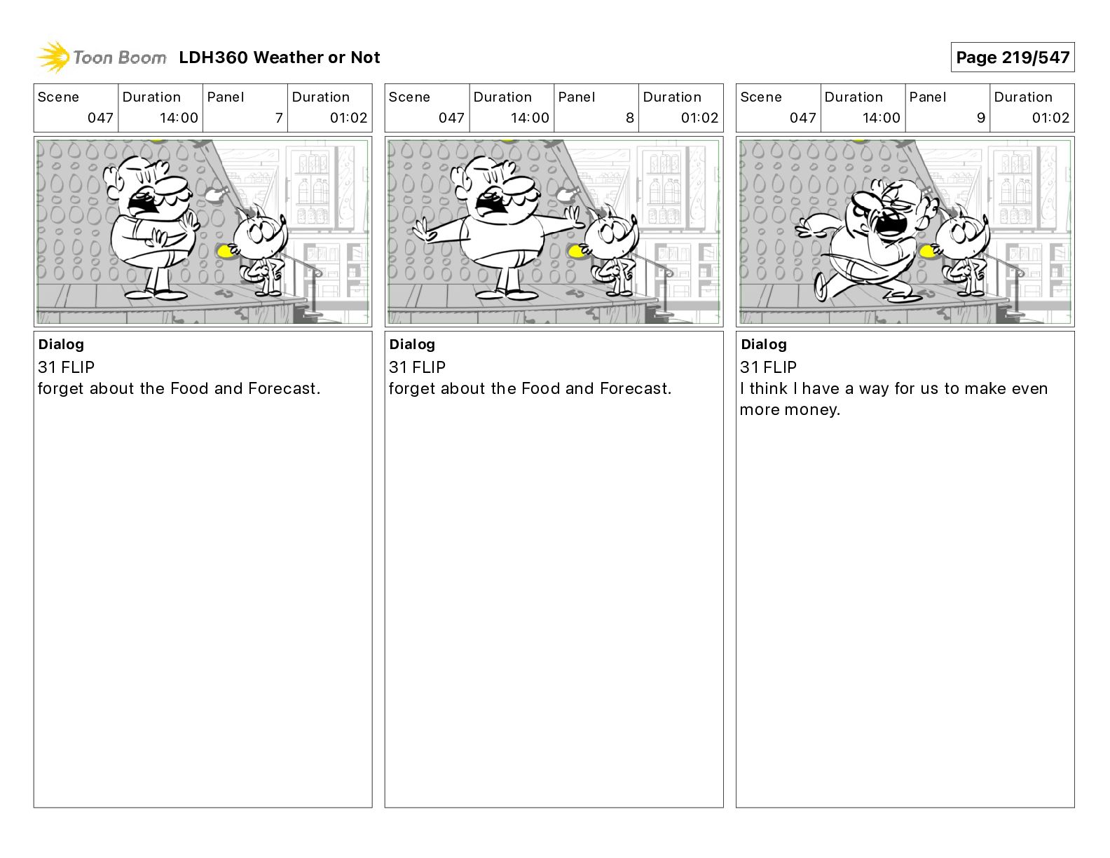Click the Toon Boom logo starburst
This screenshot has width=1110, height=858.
(53, 57)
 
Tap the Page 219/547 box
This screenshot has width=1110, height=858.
(1012, 57)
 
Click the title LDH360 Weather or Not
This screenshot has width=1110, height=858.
(280, 57)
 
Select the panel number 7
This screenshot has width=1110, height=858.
(279, 118)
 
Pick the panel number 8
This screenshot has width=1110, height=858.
(630, 118)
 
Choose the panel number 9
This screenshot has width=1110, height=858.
(981, 118)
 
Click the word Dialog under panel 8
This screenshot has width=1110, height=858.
(412, 344)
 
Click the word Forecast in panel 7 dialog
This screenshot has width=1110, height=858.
(284, 388)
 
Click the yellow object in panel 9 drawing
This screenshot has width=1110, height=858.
(926, 251)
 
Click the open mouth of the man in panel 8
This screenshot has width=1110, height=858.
(490, 205)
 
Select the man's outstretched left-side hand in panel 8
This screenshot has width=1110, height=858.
(424, 230)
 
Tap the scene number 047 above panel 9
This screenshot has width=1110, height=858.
(802, 118)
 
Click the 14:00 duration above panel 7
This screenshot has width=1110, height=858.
(179, 118)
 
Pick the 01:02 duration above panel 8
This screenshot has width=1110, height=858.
(700, 118)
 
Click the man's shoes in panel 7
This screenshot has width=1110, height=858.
(156, 294)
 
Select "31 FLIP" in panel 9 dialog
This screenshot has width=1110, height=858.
(768, 367)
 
